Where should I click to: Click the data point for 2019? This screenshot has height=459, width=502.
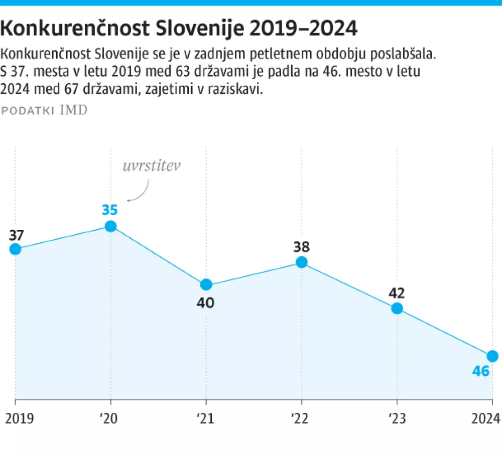(x=15, y=249)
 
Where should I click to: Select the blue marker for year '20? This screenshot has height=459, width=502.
(x=110, y=226)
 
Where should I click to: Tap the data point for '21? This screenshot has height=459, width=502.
(x=206, y=284)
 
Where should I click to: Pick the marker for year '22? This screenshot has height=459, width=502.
(x=301, y=262)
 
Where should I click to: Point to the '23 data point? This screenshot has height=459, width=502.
(x=397, y=308)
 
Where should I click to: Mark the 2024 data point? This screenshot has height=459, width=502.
(x=492, y=356)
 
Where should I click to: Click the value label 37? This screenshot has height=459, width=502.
(x=17, y=235)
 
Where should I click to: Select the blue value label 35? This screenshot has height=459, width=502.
(x=110, y=210)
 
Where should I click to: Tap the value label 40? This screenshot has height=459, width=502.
(x=206, y=303)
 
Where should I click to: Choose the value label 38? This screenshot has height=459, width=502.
(x=301, y=247)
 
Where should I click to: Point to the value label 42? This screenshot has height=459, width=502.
(x=397, y=293)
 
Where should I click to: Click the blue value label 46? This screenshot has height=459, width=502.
(x=482, y=372)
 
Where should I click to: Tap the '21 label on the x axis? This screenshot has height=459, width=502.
(x=205, y=417)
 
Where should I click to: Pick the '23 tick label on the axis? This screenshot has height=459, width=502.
(x=396, y=417)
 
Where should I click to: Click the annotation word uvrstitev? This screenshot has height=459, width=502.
(x=151, y=167)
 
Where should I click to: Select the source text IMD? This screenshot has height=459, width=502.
(x=73, y=110)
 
